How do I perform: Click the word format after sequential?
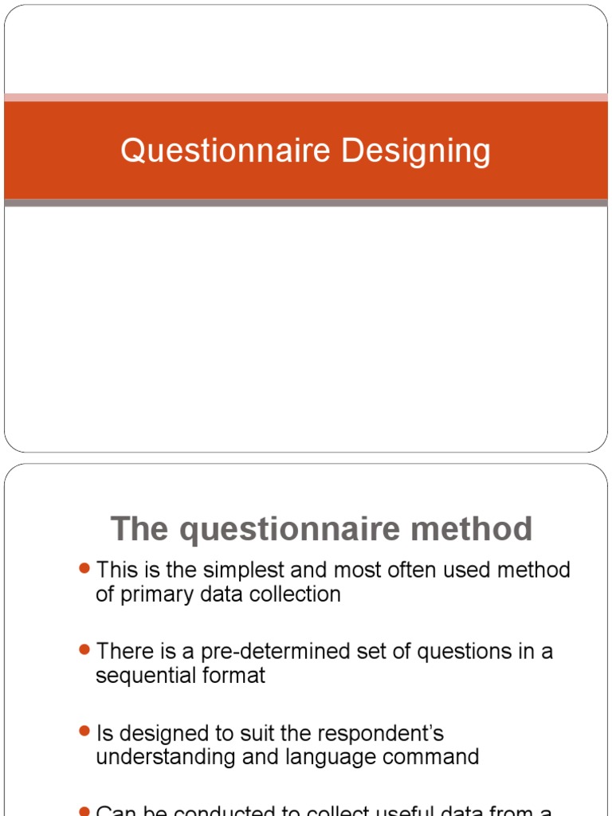pos(235,676)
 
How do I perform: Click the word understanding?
pos(164,757)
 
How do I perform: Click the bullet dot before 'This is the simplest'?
pos(85,569)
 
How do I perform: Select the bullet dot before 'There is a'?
pos(85,650)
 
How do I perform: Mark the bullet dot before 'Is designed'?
pos(85,732)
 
